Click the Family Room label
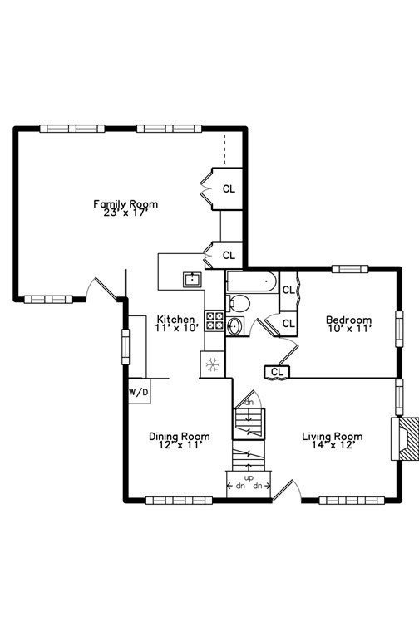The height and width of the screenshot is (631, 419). (x=126, y=208)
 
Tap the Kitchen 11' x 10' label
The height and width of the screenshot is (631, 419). (x=177, y=324)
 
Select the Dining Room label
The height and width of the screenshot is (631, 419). (x=180, y=440)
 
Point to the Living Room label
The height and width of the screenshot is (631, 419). (x=333, y=440)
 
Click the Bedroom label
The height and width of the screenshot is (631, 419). (x=348, y=324)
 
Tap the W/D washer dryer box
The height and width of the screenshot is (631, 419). (x=139, y=391)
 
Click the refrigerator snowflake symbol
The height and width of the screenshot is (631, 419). (x=212, y=364)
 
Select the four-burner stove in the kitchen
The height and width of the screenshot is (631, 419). (x=215, y=320)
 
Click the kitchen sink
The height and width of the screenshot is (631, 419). (x=193, y=279)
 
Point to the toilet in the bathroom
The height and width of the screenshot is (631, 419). (x=238, y=303)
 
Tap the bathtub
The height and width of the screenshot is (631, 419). (x=252, y=281)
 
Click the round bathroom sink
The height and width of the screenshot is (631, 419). (x=234, y=326)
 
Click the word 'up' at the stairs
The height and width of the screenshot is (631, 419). (x=249, y=478)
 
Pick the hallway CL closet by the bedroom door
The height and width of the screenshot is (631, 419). (x=277, y=372)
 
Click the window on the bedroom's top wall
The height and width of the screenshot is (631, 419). (x=350, y=269)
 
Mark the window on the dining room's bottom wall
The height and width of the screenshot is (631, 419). (x=179, y=500)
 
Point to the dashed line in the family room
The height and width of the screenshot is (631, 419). (x=224, y=149)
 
